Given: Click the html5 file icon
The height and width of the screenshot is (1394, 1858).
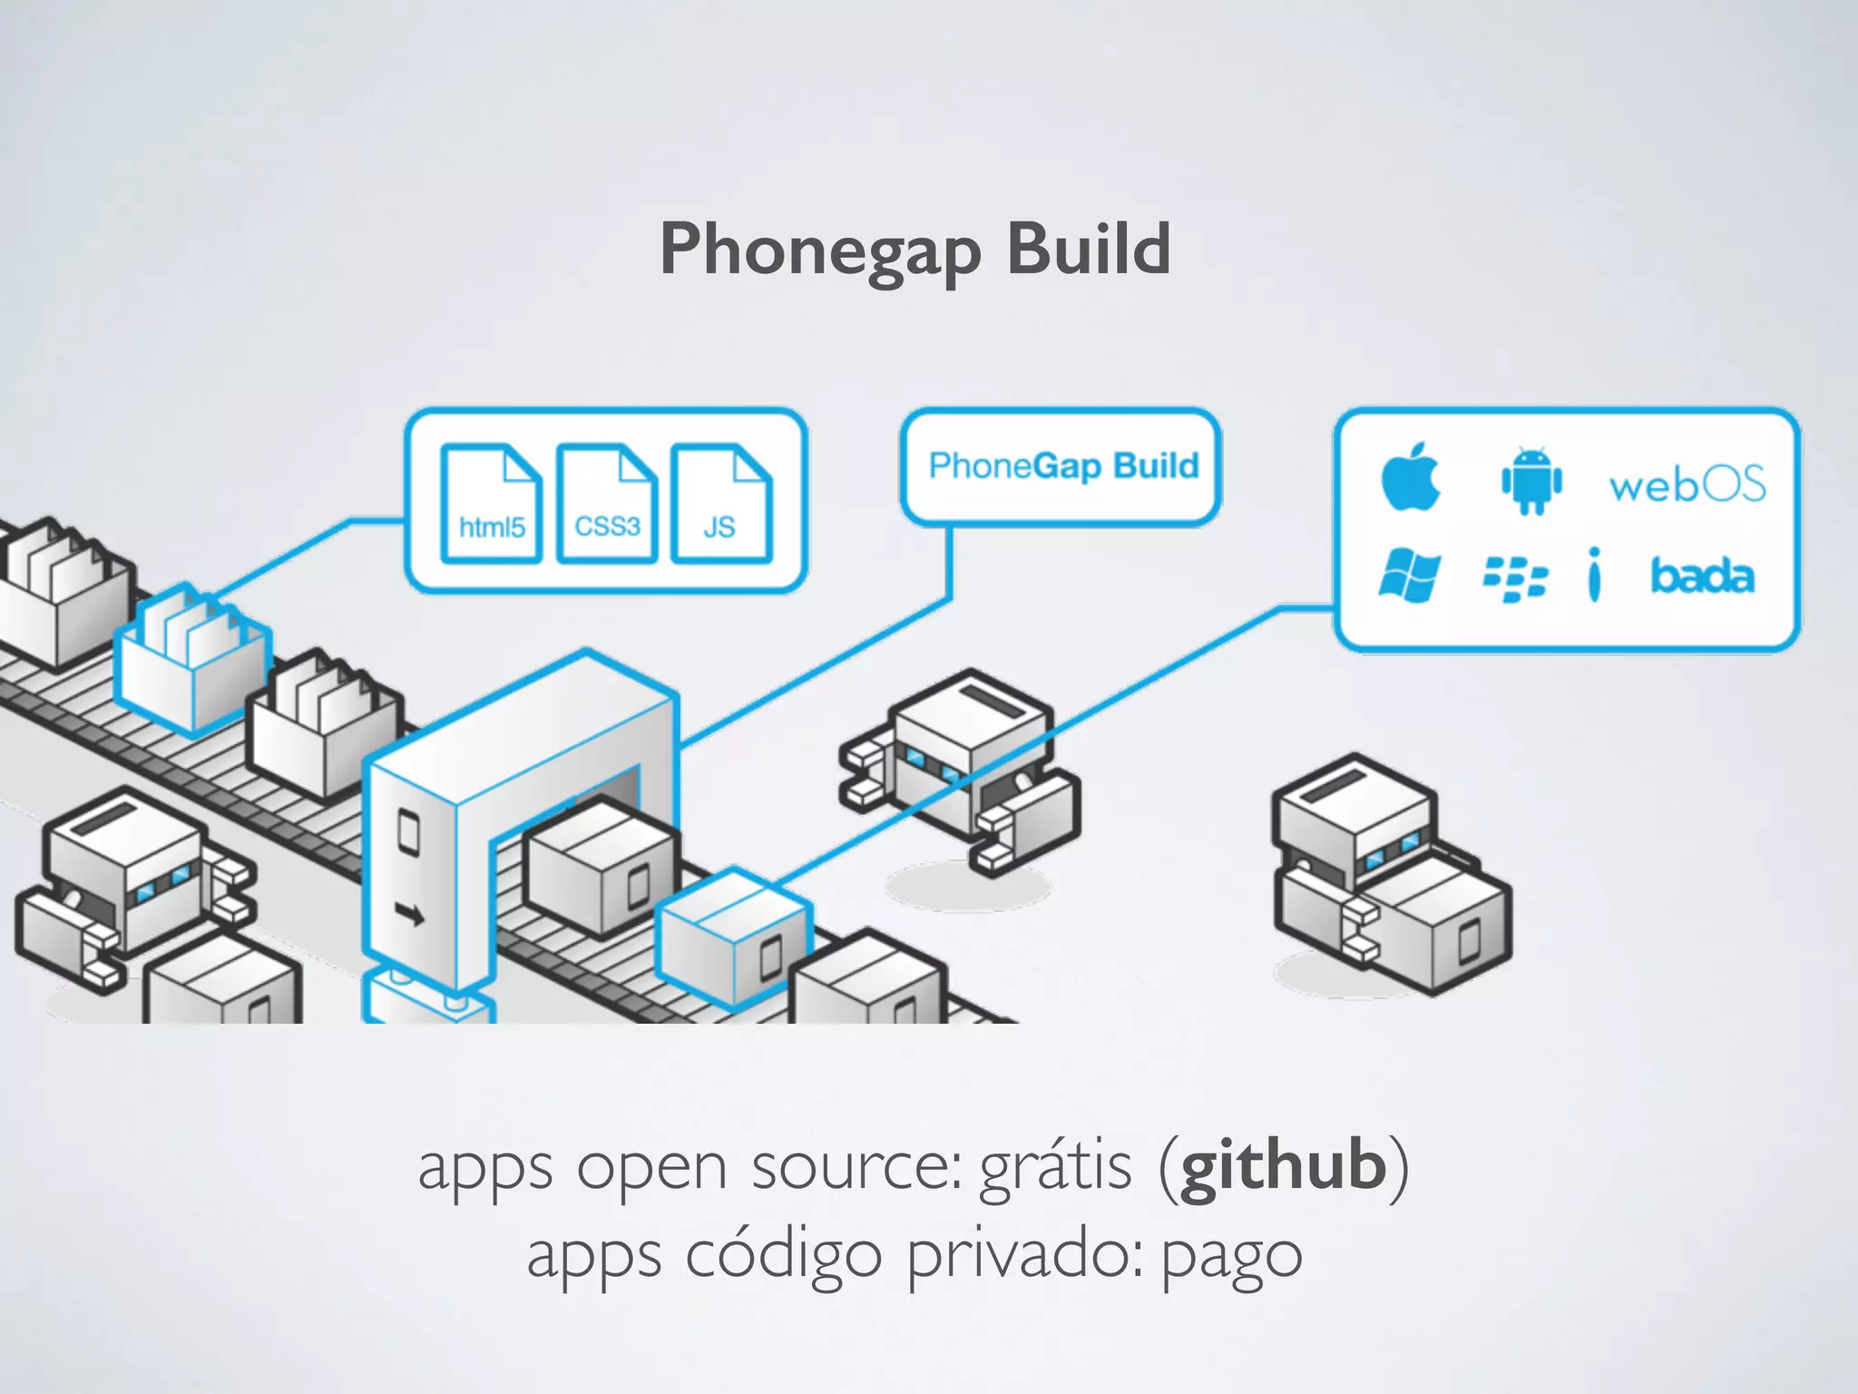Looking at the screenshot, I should (x=491, y=504).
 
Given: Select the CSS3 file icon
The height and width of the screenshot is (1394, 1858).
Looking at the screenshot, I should (x=606, y=504).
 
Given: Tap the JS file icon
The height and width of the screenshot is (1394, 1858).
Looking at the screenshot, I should (x=721, y=504).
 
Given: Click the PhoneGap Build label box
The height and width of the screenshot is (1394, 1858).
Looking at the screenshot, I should (x=1061, y=466).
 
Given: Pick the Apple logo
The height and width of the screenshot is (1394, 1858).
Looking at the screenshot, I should (x=1410, y=477).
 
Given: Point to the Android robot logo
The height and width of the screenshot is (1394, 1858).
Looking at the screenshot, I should (x=1531, y=481).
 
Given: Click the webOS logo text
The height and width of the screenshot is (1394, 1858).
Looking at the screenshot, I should (x=1687, y=484).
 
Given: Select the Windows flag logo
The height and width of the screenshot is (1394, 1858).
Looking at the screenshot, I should (x=1409, y=575).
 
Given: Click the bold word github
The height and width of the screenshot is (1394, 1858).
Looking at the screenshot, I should (x=1284, y=1166).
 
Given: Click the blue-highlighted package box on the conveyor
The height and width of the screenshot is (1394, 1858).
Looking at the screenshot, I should (x=733, y=939).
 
